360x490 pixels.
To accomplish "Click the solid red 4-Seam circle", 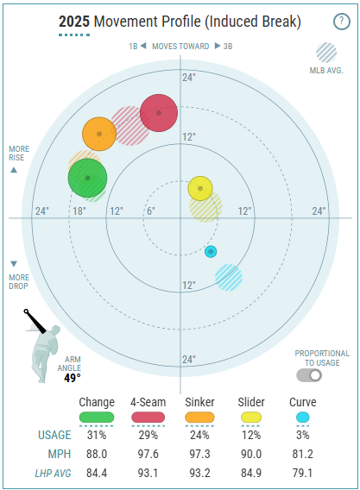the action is tap(159, 113).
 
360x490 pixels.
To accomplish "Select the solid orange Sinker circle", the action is tap(99, 134).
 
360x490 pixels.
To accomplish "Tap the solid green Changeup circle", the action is tap(87, 178).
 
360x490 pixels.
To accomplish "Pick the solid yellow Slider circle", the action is tap(200, 188).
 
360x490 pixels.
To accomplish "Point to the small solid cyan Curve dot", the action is tap(211, 252).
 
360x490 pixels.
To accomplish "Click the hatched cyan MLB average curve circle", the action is tap(229, 278).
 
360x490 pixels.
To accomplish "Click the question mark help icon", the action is tap(342, 22).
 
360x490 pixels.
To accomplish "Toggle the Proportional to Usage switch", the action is tap(309, 375).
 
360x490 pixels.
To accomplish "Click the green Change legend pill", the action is tap(97, 418).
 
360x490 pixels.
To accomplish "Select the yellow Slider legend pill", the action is tap(251, 418).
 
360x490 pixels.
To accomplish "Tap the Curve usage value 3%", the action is tap(303, 435).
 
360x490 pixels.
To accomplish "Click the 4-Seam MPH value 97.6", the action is tap(148, 454).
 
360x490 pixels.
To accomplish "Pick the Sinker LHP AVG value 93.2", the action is tap(200, 473).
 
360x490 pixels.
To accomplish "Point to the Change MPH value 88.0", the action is tap(97, 454).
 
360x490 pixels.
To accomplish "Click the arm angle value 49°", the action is tap(73, 378).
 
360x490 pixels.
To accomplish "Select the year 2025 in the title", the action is tap(74, 22).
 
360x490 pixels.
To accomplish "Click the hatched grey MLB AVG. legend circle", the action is tap(326, 53).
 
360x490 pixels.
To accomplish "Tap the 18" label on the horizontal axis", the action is tap(79, 211).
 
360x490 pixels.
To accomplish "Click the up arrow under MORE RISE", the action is tap(14, 170).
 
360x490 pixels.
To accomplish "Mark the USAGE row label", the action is tap(54, 435).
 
